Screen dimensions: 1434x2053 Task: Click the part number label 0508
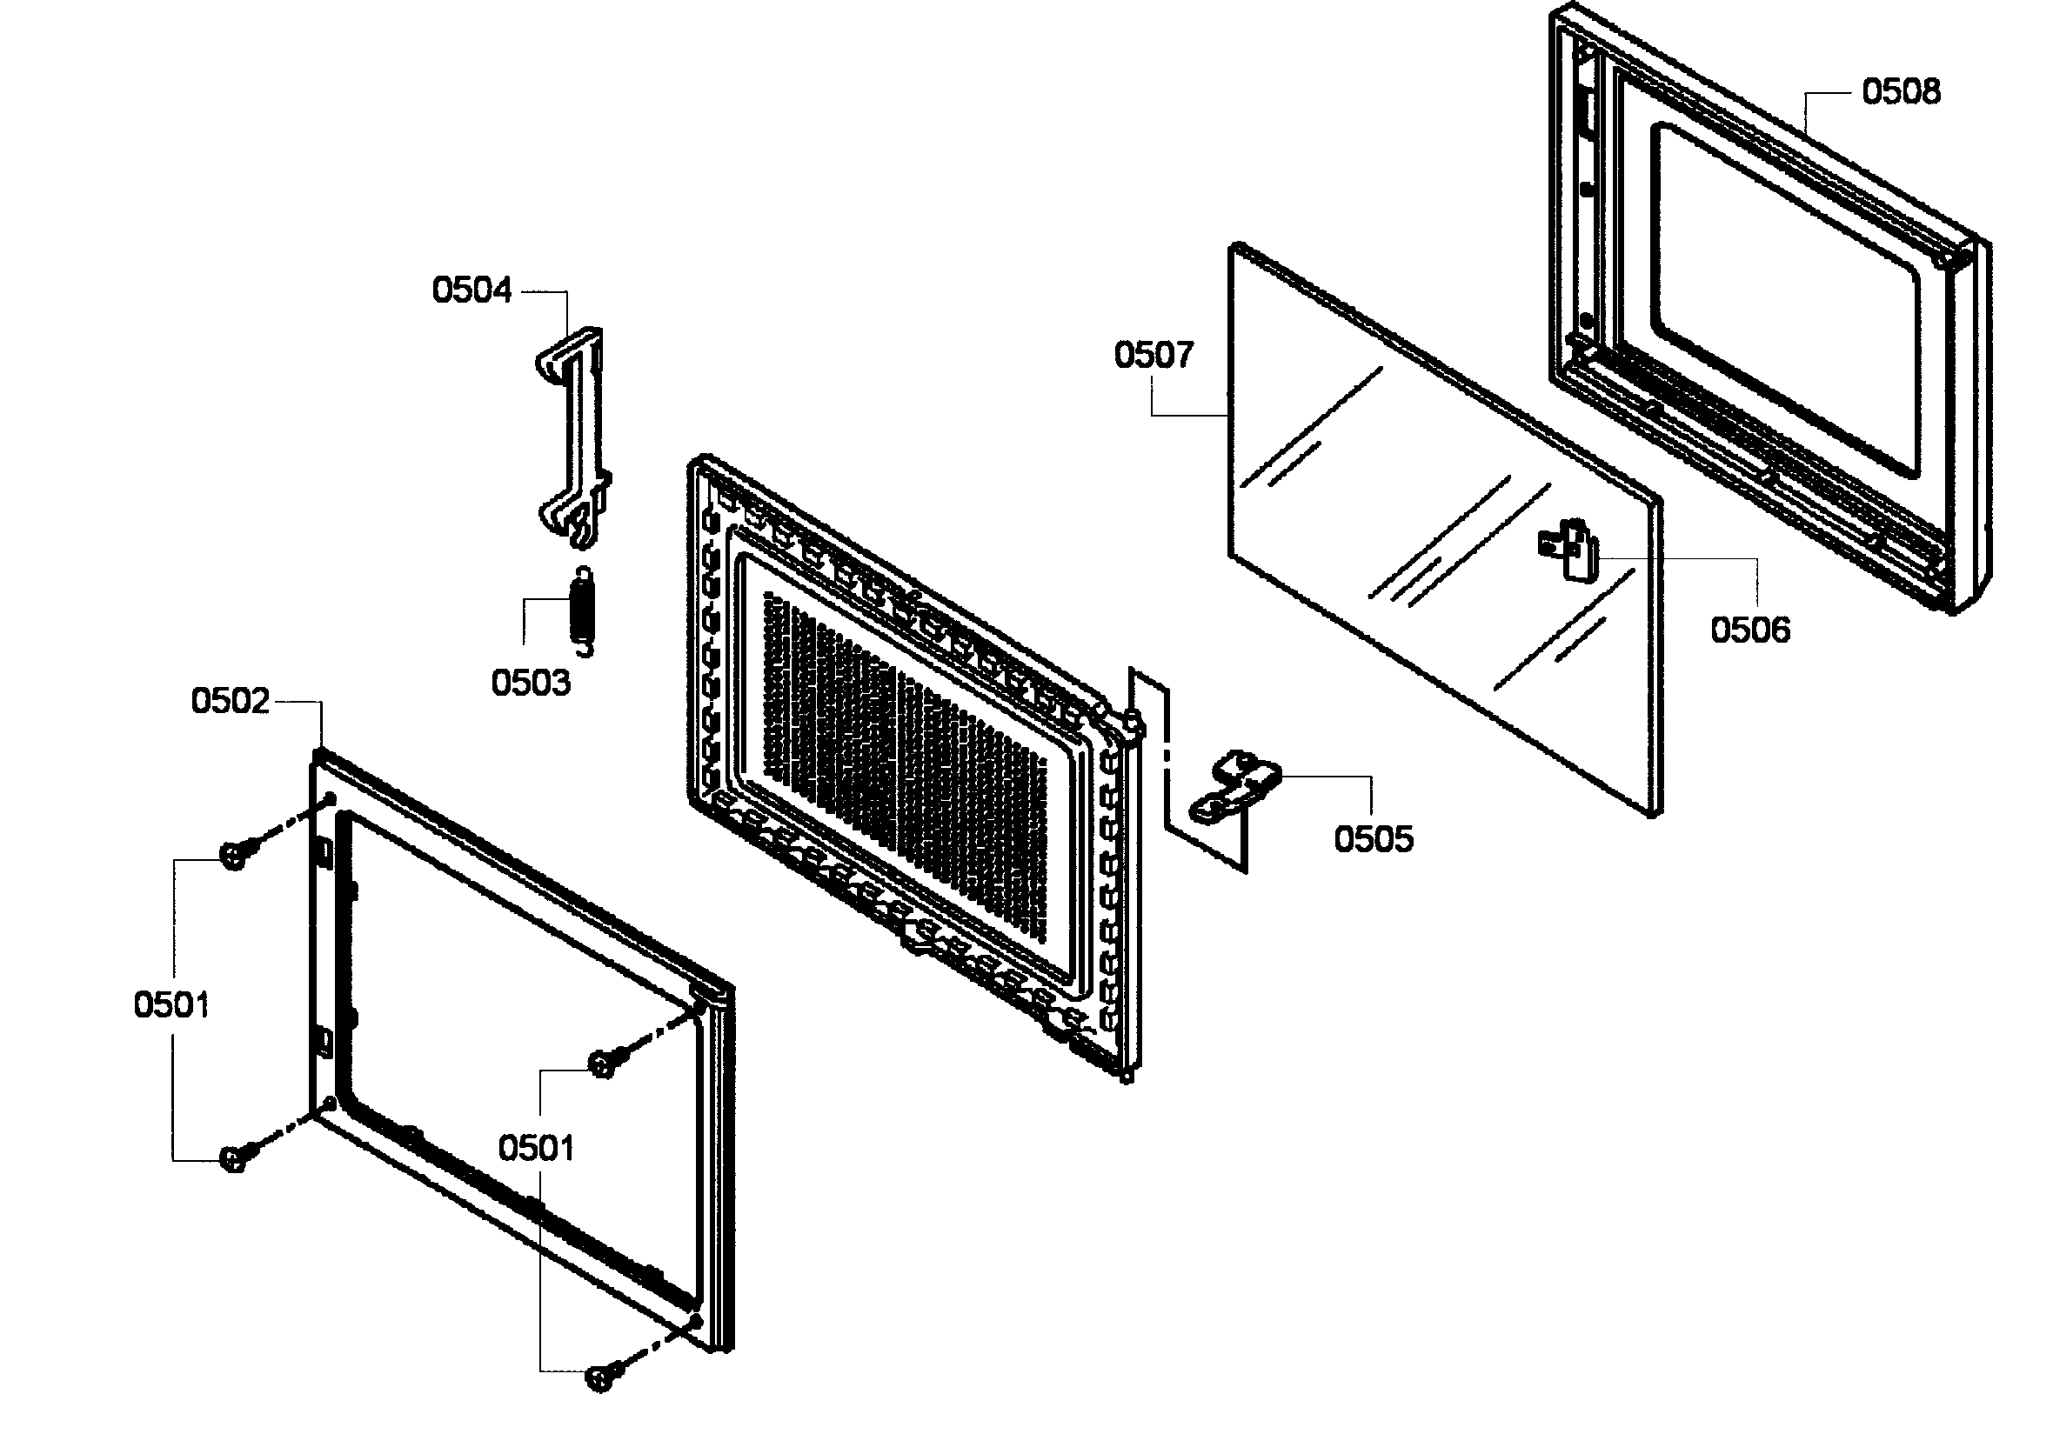(1900, 92)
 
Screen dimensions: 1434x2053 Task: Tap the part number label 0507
(1153, 356)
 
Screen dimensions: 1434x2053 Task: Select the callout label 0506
(1749, 630)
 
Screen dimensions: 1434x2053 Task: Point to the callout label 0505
(1374, 839)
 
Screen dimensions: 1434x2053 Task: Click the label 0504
(471, 290)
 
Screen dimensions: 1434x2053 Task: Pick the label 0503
(531, 683)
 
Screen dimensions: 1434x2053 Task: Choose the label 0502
(230, 701)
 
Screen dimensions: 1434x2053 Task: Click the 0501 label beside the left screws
(171, 1005)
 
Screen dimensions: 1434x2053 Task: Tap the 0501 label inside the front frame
(536, 1148)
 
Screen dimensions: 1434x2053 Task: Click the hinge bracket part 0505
(1236, 787)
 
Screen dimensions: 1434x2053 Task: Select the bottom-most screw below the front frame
(601, 1377)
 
